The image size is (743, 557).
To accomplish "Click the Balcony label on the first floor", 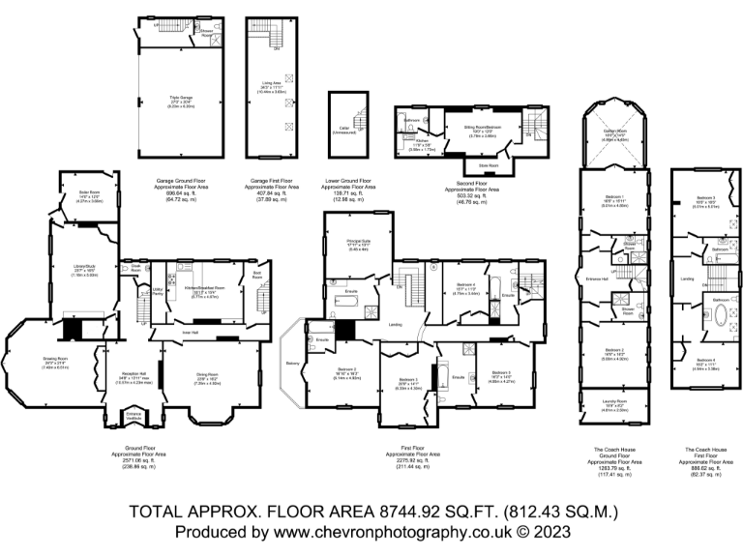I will coord(293,364).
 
